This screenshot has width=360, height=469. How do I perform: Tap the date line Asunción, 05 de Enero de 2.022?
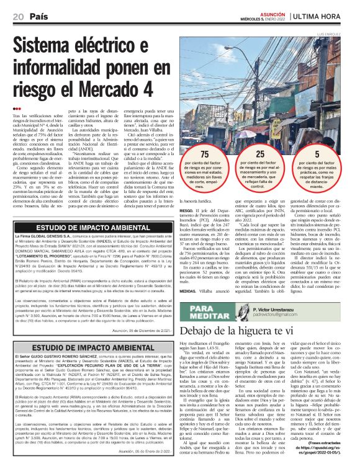pos(146,451)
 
